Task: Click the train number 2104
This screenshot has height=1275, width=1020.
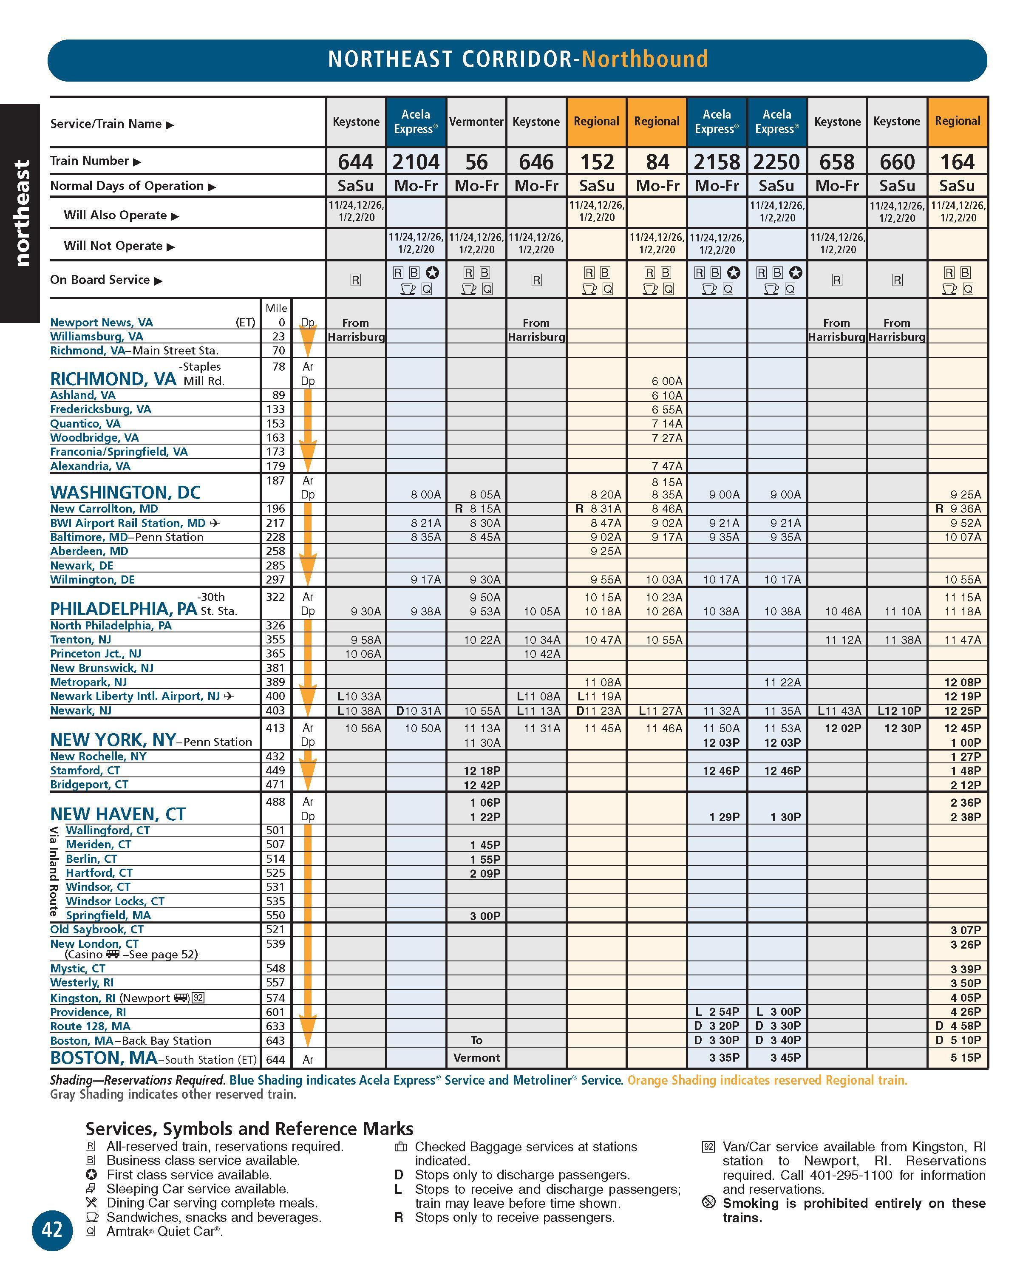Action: click(416, 161)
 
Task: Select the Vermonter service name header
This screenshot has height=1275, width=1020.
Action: click(476, 122)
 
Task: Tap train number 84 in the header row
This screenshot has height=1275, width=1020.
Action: click(657, 161)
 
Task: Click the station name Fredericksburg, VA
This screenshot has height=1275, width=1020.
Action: click(101, 409)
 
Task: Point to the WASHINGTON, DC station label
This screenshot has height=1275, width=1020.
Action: click(125, 492)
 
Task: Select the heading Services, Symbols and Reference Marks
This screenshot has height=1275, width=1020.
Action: click(249, 1128)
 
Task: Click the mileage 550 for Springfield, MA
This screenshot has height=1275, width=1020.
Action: click(275, 915)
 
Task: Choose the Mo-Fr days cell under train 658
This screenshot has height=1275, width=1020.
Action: click(837, 186)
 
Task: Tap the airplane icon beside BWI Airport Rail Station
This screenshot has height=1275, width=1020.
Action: click(215, 523)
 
